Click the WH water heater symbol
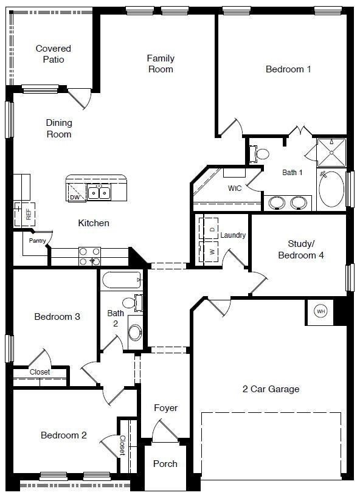pos(320,311)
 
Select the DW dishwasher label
pos(74,197)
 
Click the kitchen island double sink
pos(99,193)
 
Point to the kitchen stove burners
pos(90,256)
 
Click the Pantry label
pos(37,241)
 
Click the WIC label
pos(235,188)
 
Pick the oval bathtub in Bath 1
pos(331,190)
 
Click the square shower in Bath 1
pos(331,152)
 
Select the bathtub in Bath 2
pos(122,280)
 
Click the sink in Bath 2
pos(135,331)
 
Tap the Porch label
pos(165,463)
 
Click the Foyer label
pos(165,407)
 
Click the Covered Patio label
pos(53,54)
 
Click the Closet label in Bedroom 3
pos(40,372)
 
